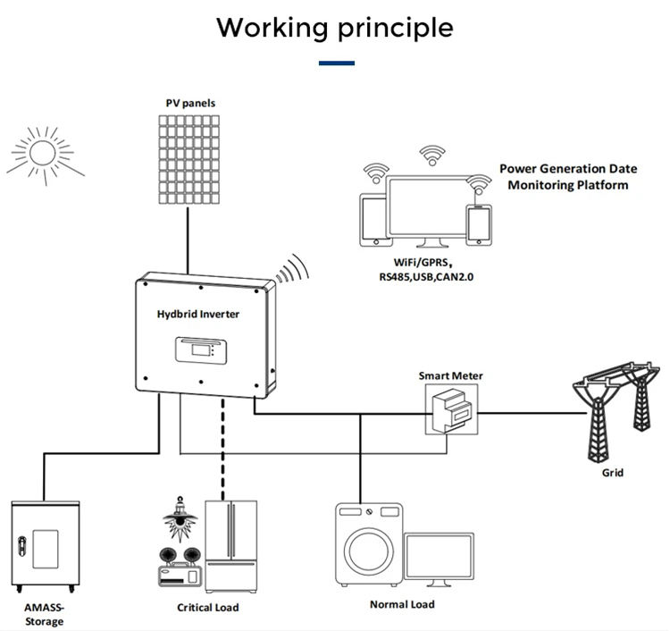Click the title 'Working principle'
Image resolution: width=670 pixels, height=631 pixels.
335,28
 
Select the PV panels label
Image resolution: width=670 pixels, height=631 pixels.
190,104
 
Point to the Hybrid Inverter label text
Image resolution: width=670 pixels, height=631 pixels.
198,314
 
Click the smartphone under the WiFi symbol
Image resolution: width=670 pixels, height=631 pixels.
481,223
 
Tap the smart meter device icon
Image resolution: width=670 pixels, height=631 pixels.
449,411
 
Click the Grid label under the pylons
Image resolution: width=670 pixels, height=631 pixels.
613,473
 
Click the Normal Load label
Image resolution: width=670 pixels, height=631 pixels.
402,605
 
